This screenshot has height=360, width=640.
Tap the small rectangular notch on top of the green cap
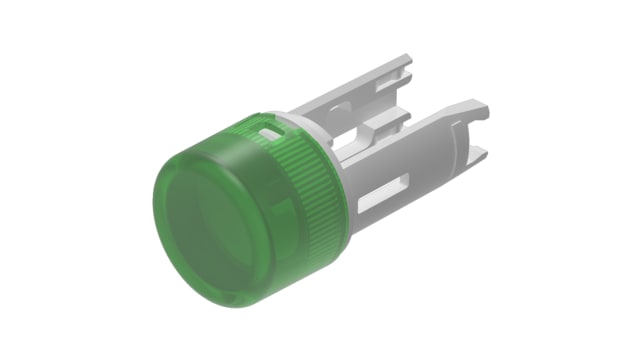click(x=268, y=130)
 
